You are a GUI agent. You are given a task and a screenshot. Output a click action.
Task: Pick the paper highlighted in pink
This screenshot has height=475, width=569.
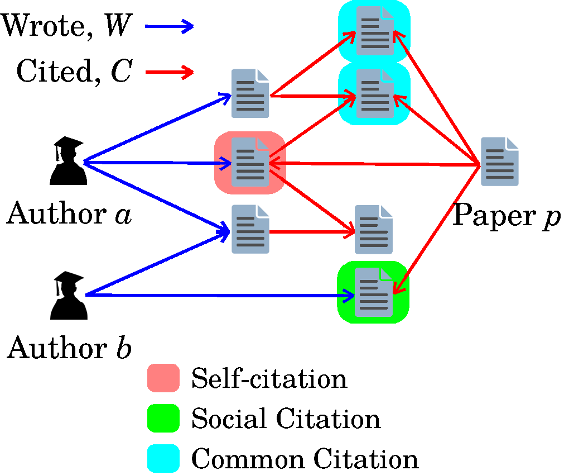tap(250, 163)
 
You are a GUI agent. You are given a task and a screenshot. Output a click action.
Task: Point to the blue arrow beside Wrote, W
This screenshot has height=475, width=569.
tap(169, 26)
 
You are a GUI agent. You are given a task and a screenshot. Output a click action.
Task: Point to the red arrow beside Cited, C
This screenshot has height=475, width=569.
tap(169, 72)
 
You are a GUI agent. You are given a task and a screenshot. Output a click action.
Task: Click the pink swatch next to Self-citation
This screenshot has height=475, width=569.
tap(163, 378)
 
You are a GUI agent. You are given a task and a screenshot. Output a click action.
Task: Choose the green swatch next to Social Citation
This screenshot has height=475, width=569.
tap(163, 419)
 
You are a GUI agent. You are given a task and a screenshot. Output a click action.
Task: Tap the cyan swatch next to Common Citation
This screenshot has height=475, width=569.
tap(163, 459)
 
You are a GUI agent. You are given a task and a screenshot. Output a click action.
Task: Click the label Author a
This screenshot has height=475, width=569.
tap(69, 215)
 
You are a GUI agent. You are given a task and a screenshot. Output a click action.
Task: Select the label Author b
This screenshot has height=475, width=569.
tap(69, 348)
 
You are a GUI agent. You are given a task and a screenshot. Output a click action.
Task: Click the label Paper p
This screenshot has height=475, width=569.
tap(505, 216)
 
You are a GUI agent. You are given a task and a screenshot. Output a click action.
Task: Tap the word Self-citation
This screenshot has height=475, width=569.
tap(269, 379)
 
